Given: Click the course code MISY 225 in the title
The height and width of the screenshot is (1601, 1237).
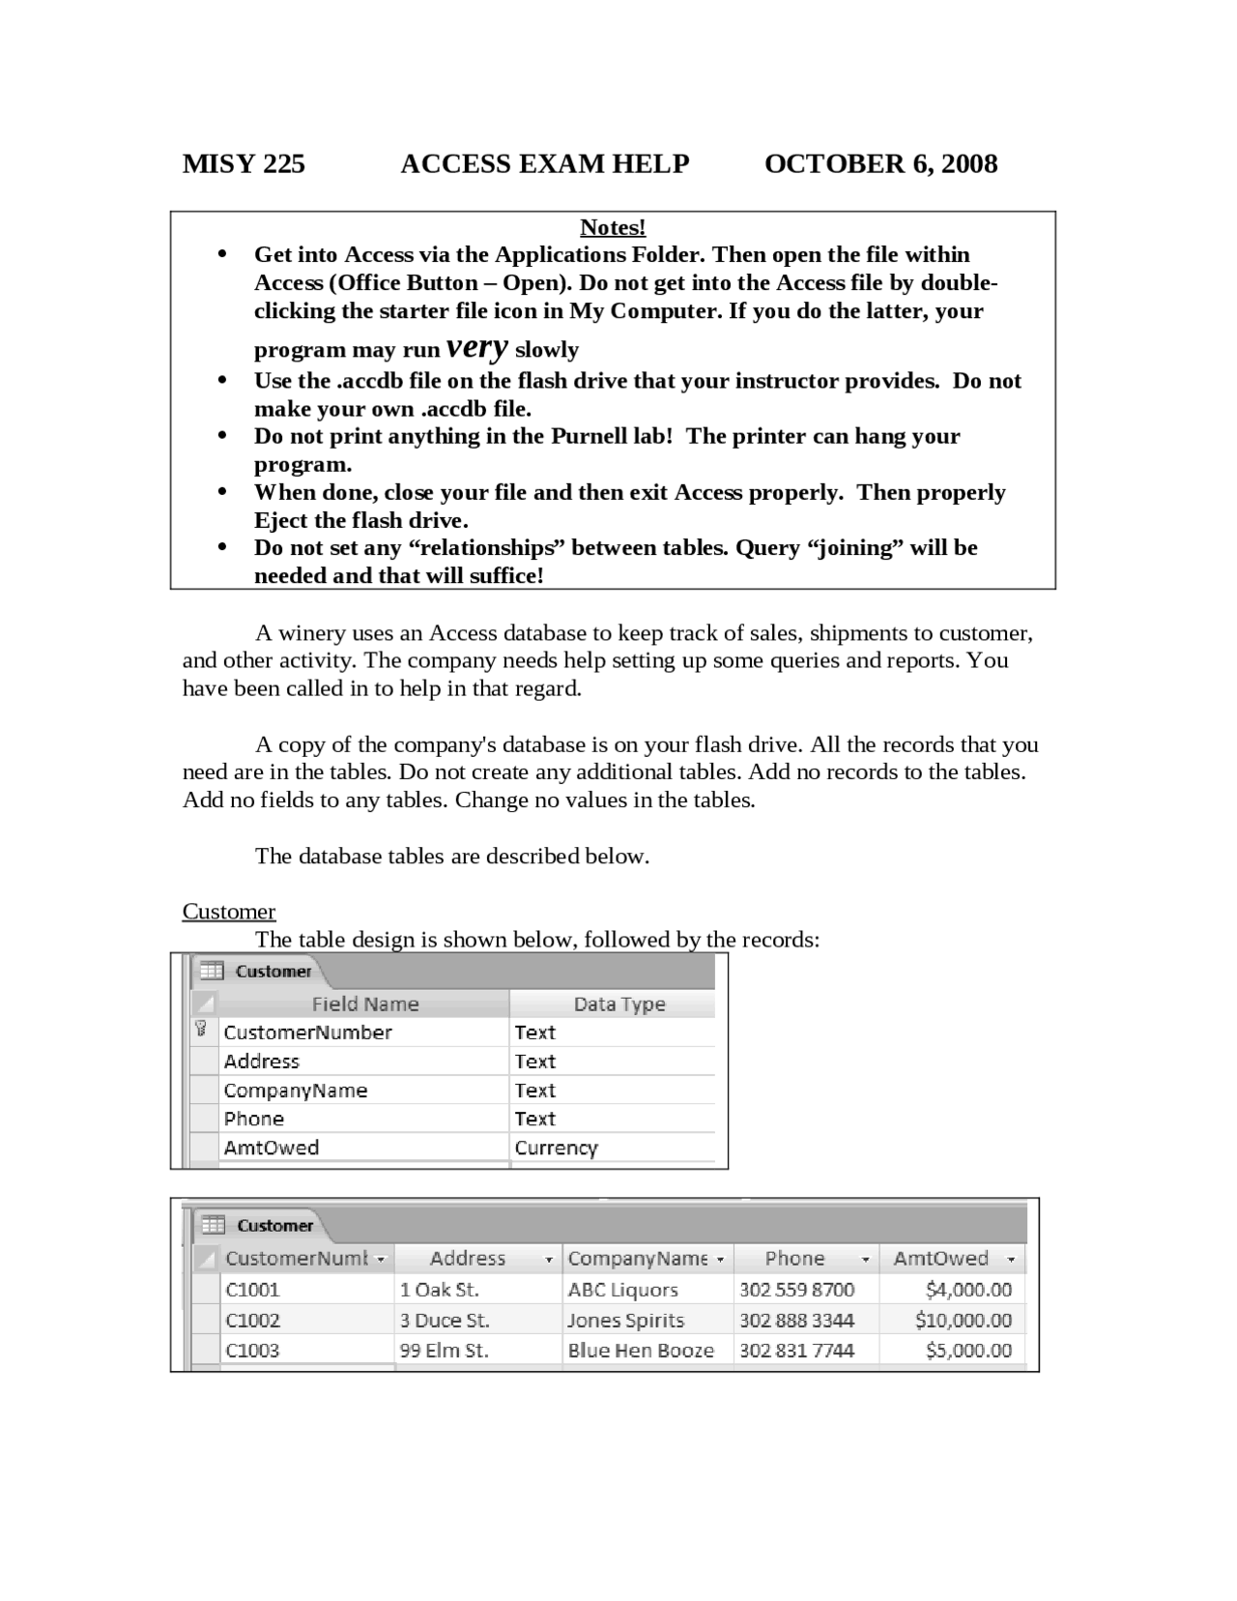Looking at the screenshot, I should click(x=244, y=164).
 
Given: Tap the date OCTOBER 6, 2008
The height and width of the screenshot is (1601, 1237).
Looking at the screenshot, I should click(x=880, y=164).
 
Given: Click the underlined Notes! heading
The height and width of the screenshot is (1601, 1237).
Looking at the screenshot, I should click(x=613, y=227).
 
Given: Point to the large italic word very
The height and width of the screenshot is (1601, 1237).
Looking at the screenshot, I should click(x=477, y=346).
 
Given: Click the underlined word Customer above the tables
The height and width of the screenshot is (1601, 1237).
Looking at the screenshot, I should click(x=229, y=912).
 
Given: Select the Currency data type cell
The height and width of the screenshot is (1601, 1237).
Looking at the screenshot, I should click(x=556, y=1148).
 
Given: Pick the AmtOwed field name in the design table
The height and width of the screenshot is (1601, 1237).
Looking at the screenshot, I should click(x=271, y=1148).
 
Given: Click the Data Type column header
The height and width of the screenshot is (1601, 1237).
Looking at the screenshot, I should click(x=618, y=1004).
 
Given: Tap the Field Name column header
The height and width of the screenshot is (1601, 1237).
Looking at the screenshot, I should click(x=365, y=1004).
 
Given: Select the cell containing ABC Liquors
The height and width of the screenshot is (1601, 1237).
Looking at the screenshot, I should click(x=622, y=1290).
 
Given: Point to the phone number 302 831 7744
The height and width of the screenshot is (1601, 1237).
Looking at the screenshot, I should click(x=796, y=1351).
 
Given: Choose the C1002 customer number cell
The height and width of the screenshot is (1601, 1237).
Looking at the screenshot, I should click(x=252, y=1321).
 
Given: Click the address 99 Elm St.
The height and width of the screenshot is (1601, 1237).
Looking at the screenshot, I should click(x=444, y=1351).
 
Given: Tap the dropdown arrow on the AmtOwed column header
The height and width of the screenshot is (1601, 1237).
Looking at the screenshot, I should click(x=1011, y=1260).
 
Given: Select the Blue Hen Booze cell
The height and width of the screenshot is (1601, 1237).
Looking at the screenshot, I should click(x=640, y=1351).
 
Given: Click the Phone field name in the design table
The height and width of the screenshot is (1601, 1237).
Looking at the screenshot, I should click(x=253, y=1119).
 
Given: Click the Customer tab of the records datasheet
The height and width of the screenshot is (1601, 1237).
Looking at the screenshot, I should click(x=274, y=1226).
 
